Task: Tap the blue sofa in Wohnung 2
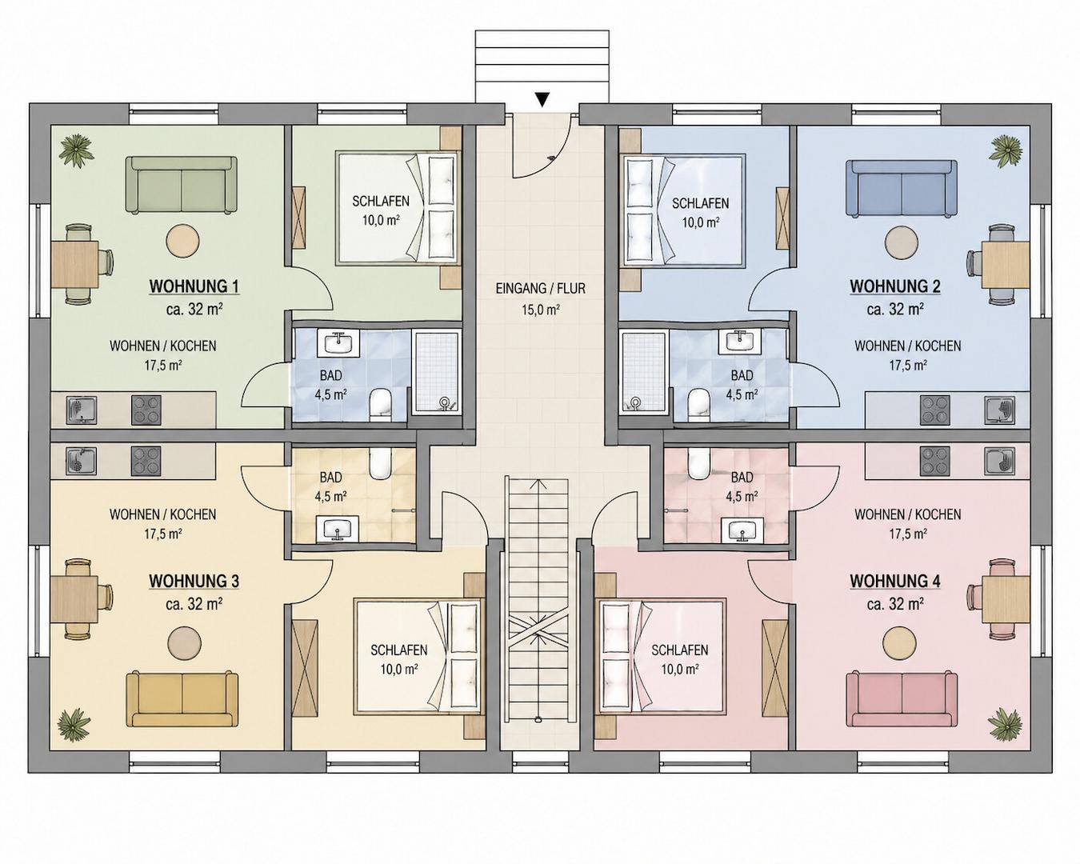901,188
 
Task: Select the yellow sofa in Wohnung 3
182,700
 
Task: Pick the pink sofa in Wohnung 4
902,700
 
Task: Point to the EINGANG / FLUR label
541,289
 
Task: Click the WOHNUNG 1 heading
194,286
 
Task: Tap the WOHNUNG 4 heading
895,581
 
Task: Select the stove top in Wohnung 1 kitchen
146,410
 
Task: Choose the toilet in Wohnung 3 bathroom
380,462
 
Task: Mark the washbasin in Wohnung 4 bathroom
742,530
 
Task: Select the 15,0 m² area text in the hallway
541,310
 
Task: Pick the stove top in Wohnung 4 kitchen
935,462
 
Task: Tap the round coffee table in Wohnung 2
902,245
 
